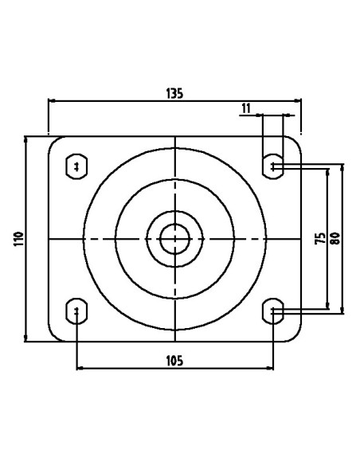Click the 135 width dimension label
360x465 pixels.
point(174,93)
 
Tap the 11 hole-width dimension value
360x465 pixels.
point(246,109)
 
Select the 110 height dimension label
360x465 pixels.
point(18,239)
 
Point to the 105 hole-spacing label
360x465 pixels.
point(174,361)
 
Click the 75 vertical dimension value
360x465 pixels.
point(320,238)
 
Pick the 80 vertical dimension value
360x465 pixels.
point(335,238)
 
